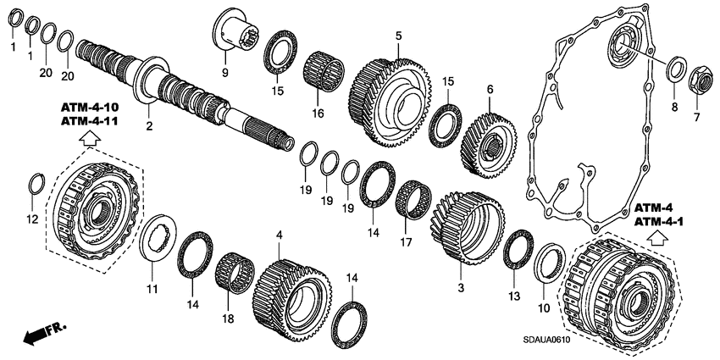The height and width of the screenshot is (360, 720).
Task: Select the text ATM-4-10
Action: pos(89,108)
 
